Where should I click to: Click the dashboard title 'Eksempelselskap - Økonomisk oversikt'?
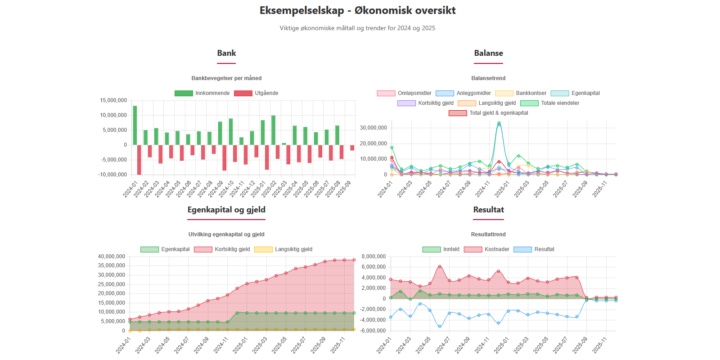[357, 10]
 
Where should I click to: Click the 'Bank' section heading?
[226, 53]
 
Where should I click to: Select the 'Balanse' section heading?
[488, 53]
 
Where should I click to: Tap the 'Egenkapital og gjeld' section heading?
[226, 210]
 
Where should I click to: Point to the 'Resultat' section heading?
[488, 210]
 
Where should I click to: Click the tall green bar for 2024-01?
[135, 125]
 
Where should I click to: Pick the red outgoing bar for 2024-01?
[139, 159]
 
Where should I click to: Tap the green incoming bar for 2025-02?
[273, 130]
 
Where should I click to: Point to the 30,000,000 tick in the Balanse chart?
[373, 128]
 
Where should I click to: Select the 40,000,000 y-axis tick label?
[111, 256]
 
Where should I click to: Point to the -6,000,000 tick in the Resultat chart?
[373, 331]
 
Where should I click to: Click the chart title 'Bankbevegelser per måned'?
[226, 78]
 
